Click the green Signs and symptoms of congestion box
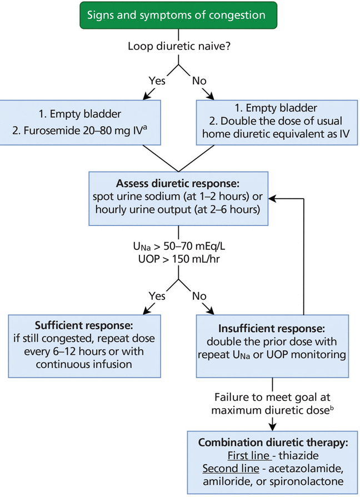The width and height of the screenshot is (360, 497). (x=179, y=15)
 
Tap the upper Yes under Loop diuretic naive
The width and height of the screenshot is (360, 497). (x=157, y=81)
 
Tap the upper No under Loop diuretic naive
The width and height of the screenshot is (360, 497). (x=199, y=81)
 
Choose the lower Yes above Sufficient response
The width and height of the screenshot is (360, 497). (x=157, y=295)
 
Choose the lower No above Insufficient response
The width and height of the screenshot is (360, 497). (x=199, y=295)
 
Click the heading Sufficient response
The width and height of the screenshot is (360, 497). (x=84, y=325)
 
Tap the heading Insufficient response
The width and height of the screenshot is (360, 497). (x=272, y=329)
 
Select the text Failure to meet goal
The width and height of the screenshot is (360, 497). (x=272, y=398)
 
